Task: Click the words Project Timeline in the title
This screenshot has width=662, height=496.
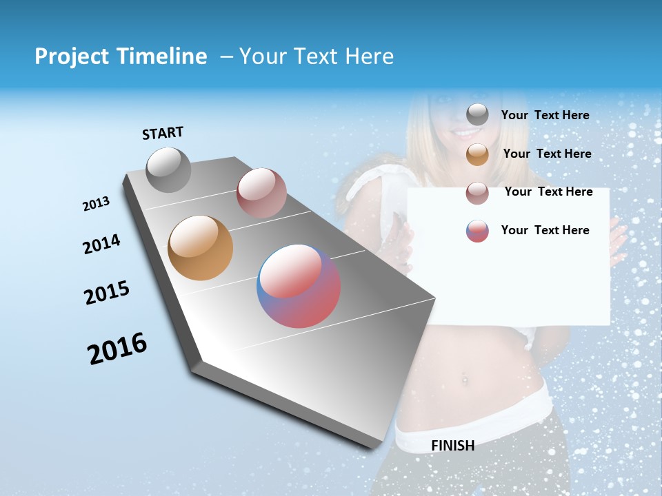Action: point(121,56)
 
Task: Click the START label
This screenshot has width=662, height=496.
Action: point(163,133)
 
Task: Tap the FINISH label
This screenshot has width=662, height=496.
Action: point(452,446)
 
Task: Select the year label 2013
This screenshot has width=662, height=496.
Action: point(96,204)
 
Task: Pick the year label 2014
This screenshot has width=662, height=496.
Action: point(101,245)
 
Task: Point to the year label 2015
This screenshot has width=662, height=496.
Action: point(107,293)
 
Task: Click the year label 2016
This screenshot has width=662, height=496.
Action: point(117,349)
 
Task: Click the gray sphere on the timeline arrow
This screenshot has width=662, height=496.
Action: point(168,169)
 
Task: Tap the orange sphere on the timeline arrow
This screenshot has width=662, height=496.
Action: point(200,248)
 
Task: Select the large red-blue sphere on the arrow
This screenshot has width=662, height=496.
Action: point(299,286)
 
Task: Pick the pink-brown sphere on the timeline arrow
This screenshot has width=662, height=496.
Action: point(261,193)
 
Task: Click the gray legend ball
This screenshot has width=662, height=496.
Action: point(477,115)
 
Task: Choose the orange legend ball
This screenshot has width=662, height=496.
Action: point(477,154)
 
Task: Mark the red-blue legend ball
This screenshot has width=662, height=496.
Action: point(477,231)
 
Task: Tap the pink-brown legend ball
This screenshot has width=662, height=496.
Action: point(477,193)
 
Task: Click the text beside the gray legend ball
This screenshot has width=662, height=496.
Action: point(545,116)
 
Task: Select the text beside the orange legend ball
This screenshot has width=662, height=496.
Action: point(547,154)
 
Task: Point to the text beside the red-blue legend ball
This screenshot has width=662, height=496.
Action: point(545,230)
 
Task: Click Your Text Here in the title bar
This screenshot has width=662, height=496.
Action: point(317,56)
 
